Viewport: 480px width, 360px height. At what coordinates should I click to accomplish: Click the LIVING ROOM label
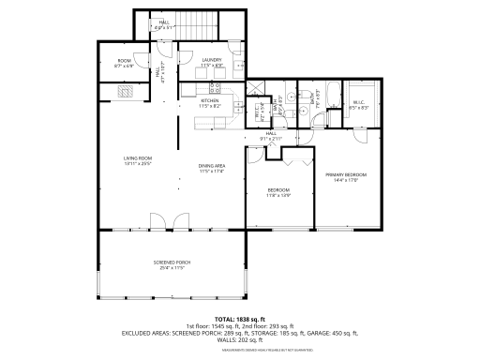click(x=138, y=158)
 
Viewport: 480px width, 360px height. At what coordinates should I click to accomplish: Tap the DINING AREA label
click(x=211, y=166)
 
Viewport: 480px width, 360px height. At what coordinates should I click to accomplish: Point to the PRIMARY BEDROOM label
click(x=345, y=175)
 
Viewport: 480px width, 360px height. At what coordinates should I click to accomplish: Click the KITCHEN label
click(x=209, y=100)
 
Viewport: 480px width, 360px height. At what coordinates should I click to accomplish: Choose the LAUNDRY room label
click(x=211, y=60)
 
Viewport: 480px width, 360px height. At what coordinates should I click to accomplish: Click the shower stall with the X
click(x=253, y=91)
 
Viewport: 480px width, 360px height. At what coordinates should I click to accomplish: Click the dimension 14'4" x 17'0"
click(x=345, y=181)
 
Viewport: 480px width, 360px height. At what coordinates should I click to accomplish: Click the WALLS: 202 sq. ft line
click(x=240, y=338)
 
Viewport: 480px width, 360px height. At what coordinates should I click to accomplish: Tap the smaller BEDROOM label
click(x=280, y=190)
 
